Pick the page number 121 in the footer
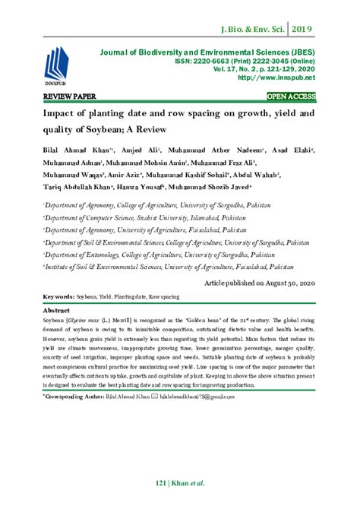[x=159, y=484]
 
